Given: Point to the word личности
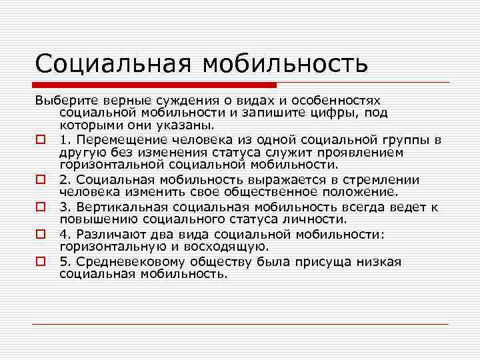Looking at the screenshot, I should coord(315,219).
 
